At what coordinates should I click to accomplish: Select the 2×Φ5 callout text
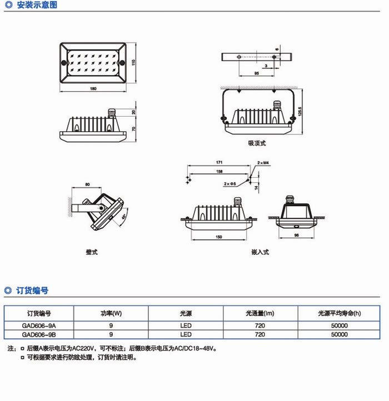tap(230, 183)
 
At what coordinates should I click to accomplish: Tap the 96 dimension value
tap(296, 235)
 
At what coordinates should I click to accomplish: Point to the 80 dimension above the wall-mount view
tap(88, 184)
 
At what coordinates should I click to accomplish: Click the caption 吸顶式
tap(257, 143)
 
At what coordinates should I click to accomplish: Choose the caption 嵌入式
tap(260, 252)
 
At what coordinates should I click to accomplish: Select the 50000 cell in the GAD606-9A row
tap(339, 325)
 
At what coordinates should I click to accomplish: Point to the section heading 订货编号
tap(32, 290)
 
